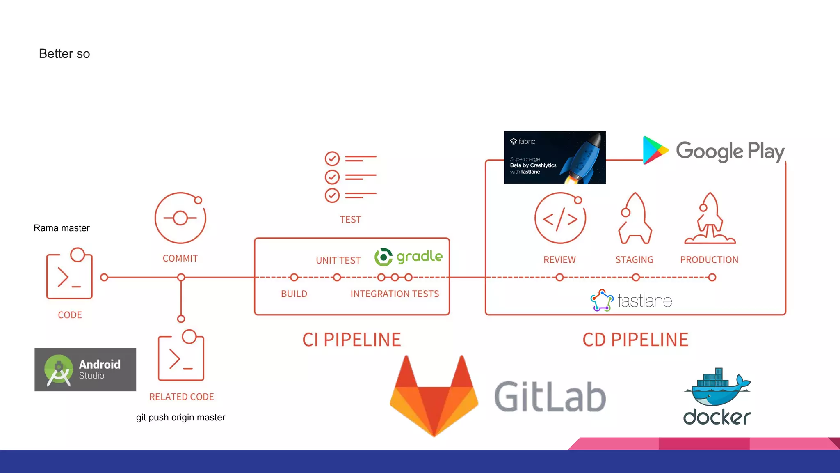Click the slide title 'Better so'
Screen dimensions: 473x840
tap(64, 54)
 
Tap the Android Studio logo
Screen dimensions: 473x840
tap(85, 370)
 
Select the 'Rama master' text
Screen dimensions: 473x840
tap(62, 228)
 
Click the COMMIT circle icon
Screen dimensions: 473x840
tap(180, 218)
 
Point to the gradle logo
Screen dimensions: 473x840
tap(409, 257)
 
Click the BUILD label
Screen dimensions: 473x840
tap(294, 294)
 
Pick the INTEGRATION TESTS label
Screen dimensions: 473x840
tap(395, 294)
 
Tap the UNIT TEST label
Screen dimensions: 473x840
tap(338, 260)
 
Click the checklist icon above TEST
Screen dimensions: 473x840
tap(350, 177)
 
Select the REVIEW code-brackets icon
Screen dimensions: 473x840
tap(560, 218)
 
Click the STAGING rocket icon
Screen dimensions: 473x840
tap(635, 218)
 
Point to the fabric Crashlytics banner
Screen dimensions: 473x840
tap(555, 158)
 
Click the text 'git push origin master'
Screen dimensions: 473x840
tap(180, 417)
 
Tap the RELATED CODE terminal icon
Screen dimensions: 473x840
tap(181, 356)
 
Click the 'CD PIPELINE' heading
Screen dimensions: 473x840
tap(635, 340)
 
